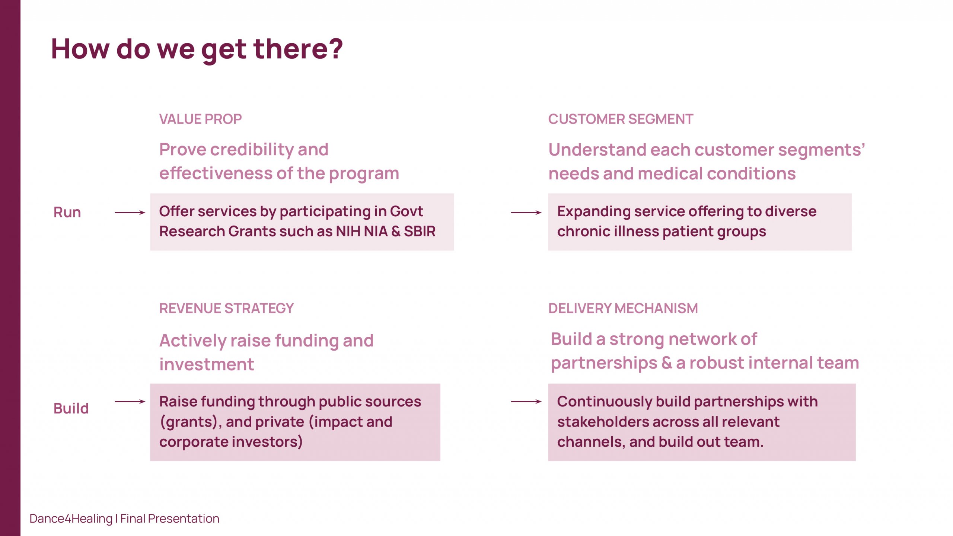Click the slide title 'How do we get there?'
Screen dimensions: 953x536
(x=197, y=50)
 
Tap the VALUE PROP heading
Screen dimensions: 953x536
(x=200, y=119)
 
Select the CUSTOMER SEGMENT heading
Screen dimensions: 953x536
(x=621, y=119)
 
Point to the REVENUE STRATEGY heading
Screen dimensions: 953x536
(x=226, y=308)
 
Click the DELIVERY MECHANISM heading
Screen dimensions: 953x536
(x=623, y=308)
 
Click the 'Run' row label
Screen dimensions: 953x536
(x=67, y=212)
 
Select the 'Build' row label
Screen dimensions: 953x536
(x=71, y=408)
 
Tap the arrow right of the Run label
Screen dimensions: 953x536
(x=130, y=213)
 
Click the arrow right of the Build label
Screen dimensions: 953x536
(x=130, y=401)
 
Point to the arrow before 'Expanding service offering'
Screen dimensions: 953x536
(x=526, y=213)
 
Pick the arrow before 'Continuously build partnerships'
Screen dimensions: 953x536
(x=526, y=401)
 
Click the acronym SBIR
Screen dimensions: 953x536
(x=420, y=232)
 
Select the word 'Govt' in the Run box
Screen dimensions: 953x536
(x=406, y=211)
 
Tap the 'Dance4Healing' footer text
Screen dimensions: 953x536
(x=71, y=519)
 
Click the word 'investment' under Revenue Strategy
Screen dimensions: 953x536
(x=207, y=364)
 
